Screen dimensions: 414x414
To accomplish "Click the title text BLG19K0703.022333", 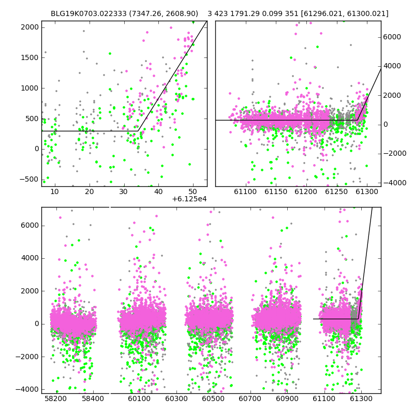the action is (88, 13).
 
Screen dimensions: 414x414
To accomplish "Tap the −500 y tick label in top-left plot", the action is (29, 180).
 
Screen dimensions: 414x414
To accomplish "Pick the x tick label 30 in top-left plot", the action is (124, 191).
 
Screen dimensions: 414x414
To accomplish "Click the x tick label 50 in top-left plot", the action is (193, 191).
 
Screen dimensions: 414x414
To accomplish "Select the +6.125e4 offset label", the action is (189, 199).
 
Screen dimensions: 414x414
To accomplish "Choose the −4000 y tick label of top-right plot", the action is (395, 183).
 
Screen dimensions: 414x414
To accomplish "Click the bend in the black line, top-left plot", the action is (138, 131).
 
